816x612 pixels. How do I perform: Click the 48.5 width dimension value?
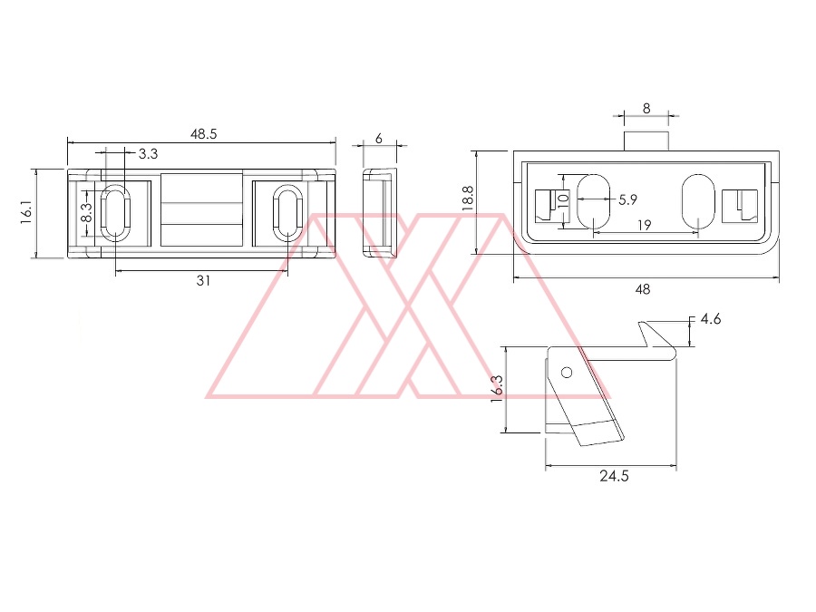tap(203, 134)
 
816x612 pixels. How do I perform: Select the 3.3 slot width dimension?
tap(148, 154)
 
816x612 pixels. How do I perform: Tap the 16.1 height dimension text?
tap(27, 213)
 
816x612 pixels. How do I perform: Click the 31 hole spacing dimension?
tap(203, 280)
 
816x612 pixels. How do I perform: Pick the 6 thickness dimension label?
tap(379, 139)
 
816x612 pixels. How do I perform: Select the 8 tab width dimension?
tap(646, 109)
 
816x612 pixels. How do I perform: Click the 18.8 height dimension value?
tap(467, 199)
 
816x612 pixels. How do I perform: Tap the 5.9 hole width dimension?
tap(627, 199)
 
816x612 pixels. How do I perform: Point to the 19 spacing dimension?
tap(645, 226)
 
